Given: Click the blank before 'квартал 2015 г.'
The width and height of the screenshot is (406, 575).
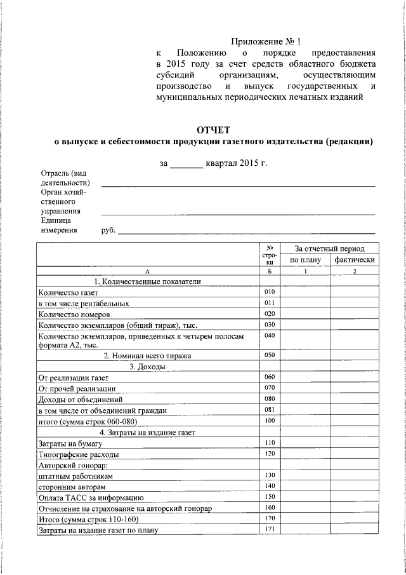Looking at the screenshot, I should click(186, 163).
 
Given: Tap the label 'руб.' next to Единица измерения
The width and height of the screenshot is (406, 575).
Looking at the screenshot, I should click(108, 231).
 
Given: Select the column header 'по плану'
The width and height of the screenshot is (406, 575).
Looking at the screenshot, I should click(306, 259).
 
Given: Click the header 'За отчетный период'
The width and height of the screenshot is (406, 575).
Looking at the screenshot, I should click(330, 248).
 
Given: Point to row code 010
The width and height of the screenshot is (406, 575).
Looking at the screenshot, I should click(270, 292).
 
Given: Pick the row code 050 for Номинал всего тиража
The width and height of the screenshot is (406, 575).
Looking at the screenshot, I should click(270, 355).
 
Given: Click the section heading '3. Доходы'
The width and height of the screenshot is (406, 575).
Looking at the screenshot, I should click(147, 367).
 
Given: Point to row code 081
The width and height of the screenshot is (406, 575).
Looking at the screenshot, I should click(270, 410).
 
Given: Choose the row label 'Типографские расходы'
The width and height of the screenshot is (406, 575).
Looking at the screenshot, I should click(78, 454).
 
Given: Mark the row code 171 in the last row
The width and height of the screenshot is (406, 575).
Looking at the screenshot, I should click(270, 529).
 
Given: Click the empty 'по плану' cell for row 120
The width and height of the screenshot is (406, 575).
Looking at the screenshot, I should click(306, 454).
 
